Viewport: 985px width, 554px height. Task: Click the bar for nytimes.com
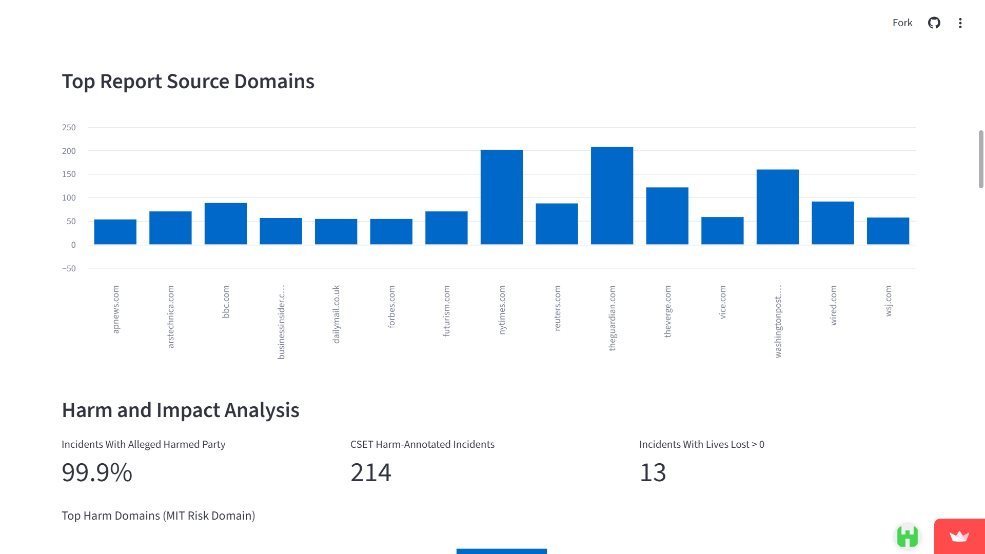tap(501, 197)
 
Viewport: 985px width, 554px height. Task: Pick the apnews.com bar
tap(115, 232)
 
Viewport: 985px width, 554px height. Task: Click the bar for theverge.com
tap(667, 216)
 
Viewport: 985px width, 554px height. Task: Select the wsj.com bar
tap(888, 231)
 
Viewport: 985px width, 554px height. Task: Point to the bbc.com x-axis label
tap(226, 302)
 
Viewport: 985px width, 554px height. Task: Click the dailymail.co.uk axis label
tap(336, 314)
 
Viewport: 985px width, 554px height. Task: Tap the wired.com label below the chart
tap(833, 305)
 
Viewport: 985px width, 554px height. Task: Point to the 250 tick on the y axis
tap(69, 127)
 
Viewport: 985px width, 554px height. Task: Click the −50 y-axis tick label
tap(69, 268)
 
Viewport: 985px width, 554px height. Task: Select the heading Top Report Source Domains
tap(188, 82)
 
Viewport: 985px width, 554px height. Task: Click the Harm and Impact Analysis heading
tap(181, 410)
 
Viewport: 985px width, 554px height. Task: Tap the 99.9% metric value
tap(97, 472)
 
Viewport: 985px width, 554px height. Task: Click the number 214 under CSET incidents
tap(371, 472)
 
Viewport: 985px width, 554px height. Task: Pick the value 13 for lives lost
tap(653, 472)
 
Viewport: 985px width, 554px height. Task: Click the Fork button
tap(902, 23)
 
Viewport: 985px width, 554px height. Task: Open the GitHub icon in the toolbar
tap(934, 23)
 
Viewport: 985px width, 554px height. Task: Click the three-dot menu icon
tap(960, 23)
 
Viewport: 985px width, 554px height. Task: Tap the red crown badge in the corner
tap(959, 537)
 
